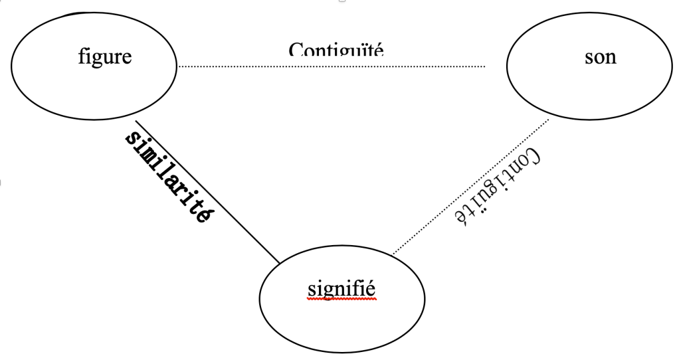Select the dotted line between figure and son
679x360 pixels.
(x=332, y=66)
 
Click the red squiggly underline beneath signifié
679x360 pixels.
(x=342, y=300)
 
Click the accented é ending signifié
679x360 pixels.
(x=372, y=289)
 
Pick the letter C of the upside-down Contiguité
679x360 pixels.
(x=533, y=157)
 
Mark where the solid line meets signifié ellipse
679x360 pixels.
(x=280, y=263)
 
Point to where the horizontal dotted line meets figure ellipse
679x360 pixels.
(x=178, y=66)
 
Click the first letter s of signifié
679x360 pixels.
(x=312, y=290)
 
